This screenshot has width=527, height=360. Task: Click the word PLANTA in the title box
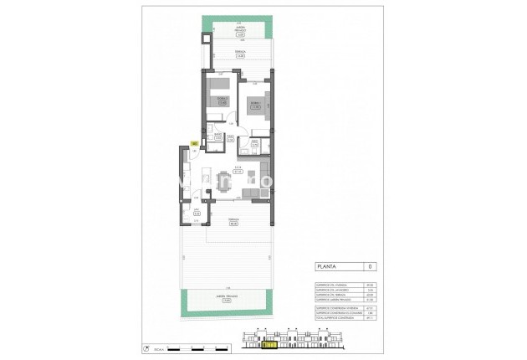(x=327, y=267)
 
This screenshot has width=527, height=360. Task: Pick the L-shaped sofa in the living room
(x=255, y=192)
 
